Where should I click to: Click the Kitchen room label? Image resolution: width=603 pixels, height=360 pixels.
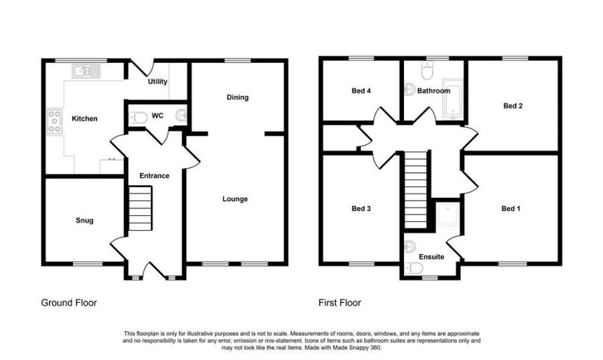pos(85,119)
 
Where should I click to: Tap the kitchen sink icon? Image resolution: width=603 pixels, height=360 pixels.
pos(86,69)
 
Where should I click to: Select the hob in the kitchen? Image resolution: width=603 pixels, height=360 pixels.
pos(54,121)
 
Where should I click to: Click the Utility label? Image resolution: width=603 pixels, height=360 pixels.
pos(158,82)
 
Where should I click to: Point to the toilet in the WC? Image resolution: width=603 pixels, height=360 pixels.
pos(139,117)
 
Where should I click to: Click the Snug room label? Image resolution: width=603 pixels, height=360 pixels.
pos(84,221)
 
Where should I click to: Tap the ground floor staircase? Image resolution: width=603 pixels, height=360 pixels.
pos(141,208)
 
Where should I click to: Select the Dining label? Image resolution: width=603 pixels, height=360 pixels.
pos(237,97)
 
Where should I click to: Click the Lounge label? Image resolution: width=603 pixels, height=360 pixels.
pos(235,199)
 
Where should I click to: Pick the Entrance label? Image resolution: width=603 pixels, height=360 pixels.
pos(154,176)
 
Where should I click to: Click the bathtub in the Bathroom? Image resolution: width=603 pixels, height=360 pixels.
pos(454,98)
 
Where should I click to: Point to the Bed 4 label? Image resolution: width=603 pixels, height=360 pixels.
pos(361,91)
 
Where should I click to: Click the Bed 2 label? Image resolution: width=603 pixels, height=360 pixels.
pos(513,105)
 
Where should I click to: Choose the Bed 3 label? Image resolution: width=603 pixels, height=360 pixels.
pos(361,208)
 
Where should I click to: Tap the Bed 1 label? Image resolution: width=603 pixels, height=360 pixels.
pos(511,208)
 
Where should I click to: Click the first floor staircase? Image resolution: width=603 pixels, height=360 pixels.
pos(415,181)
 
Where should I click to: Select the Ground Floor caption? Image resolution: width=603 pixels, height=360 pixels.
pos(69,303)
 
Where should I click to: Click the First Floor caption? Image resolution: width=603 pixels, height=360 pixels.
pos(340,303)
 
